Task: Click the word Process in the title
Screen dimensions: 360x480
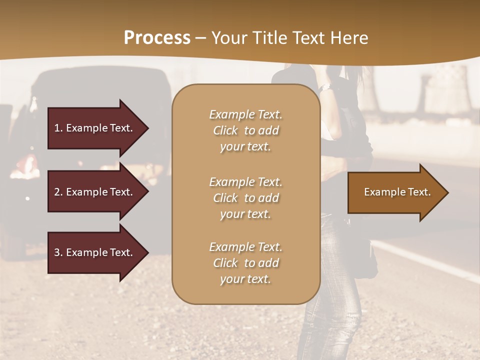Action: point(157,38)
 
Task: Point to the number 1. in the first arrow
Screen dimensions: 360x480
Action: point(58,128)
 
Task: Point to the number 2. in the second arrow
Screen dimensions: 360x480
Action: point(58,192)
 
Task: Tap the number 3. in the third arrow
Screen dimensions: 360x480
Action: point(58,252)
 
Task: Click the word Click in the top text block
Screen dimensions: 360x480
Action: point(225,130)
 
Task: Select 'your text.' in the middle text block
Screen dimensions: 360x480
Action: point(245,214)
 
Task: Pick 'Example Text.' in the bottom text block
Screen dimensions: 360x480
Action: point(245,247)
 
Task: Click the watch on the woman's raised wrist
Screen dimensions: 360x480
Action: point(325,87)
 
